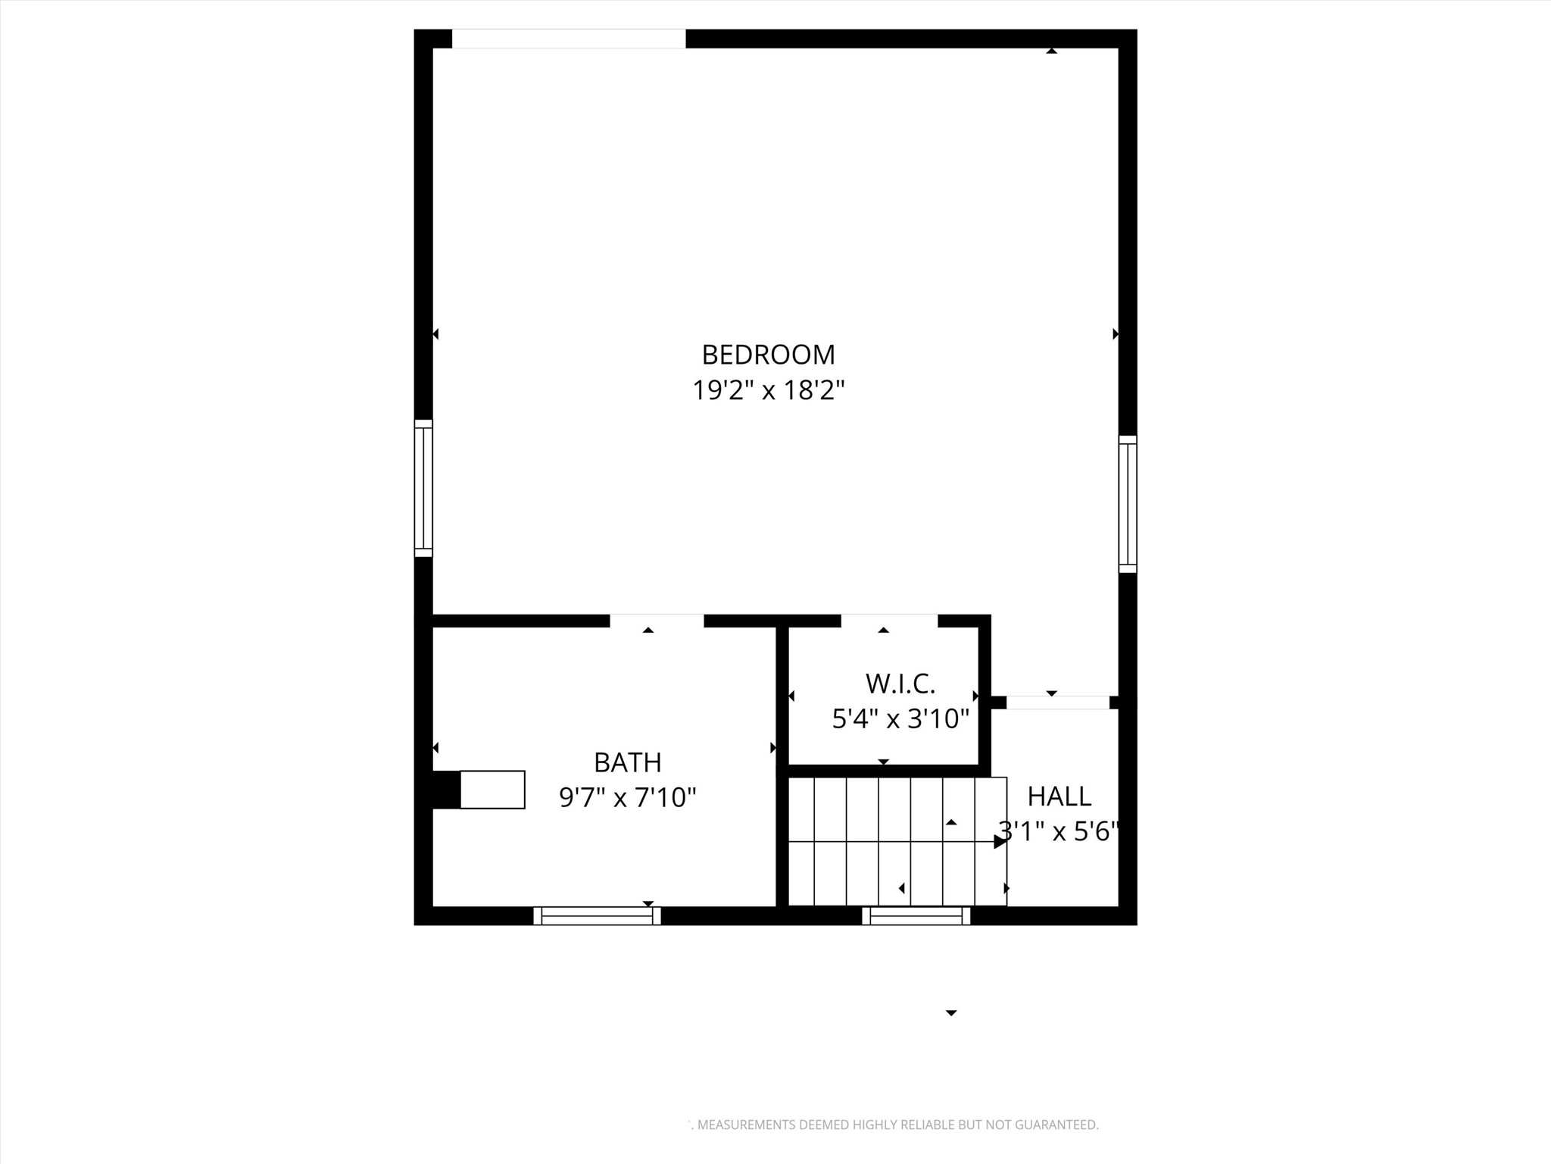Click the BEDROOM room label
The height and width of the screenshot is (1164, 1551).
tap(768, 355)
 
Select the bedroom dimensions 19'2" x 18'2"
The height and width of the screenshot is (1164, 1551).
tap(768, 391)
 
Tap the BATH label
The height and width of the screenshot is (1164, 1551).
tap(627, 762)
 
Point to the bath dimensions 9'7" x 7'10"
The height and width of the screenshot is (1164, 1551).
tap(627, 797)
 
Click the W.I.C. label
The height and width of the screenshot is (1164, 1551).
tap(900, 684)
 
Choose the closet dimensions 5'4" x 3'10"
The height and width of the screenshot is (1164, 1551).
tap(900, 718)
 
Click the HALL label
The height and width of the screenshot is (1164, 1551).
tap(1059, 796)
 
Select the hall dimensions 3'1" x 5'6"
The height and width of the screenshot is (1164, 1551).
tap(1059, 832)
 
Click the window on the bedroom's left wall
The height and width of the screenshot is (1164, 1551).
tap(423, 488)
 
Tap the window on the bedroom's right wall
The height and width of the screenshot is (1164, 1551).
tap(1128, 504)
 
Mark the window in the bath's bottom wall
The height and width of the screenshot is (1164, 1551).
tap(597, 915)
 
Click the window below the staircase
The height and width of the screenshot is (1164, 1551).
tap(916, 915)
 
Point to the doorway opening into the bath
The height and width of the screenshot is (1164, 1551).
tap(657, 621)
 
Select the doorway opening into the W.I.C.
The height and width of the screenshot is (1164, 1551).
tap(889, 621)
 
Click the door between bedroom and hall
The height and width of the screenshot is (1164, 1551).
tap(1057, 702)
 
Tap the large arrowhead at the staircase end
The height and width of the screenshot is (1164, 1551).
tap(1000, 841)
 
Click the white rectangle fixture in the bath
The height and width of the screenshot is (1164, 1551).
tap(492, 790)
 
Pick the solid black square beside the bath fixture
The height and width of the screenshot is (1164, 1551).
tap(446, 790)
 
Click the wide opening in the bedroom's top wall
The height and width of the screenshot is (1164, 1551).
tap(569, 39)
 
